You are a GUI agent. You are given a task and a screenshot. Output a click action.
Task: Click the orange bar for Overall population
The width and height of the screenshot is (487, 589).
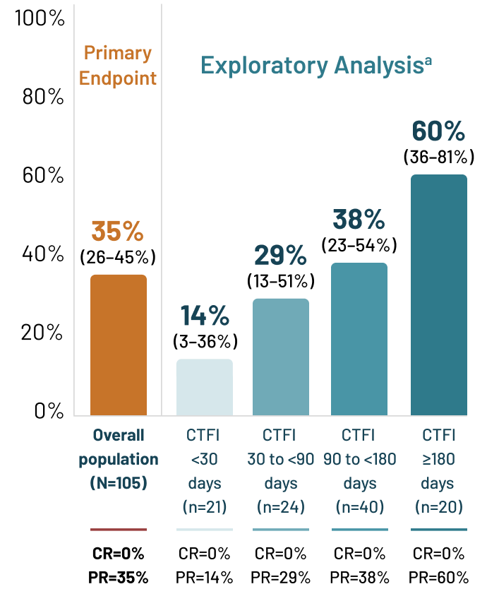[119, 345]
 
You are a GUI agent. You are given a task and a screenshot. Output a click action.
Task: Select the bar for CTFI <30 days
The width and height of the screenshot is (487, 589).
[204, 387]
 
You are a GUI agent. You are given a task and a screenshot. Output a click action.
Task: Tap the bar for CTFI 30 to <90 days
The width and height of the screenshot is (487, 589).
[281, 357]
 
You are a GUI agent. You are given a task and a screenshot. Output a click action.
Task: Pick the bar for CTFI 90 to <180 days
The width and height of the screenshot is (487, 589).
[359, 339]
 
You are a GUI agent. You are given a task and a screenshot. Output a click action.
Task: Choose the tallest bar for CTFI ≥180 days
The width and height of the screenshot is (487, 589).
[439, 295]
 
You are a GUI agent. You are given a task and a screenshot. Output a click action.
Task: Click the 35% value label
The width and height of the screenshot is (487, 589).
[117, 232]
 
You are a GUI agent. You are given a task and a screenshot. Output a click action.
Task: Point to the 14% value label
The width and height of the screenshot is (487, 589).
[205, 316]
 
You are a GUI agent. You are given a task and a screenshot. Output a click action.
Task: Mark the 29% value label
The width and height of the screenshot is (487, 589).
[280, 256]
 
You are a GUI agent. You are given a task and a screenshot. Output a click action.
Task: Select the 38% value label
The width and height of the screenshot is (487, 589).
[359, 220]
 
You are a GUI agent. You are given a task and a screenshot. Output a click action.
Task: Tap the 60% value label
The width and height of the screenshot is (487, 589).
[438, 131]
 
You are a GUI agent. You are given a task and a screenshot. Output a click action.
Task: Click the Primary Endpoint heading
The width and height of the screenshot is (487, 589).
[118, 66]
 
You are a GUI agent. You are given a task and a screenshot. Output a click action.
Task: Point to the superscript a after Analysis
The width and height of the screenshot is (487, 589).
[428, 60]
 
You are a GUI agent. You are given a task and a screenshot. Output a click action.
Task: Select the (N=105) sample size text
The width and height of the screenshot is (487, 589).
[119, 484]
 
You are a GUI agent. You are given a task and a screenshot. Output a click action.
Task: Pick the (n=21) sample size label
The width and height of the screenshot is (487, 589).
[205, 506]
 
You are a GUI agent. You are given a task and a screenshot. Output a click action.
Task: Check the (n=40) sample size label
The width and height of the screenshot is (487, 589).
[359, 506]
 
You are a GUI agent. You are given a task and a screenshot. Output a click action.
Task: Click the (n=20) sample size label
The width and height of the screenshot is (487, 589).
[438, 506]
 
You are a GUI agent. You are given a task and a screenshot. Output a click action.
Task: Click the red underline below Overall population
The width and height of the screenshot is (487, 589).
[119, 529]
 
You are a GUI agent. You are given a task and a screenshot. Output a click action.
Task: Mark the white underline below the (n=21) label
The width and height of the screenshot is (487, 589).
[204, 529]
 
